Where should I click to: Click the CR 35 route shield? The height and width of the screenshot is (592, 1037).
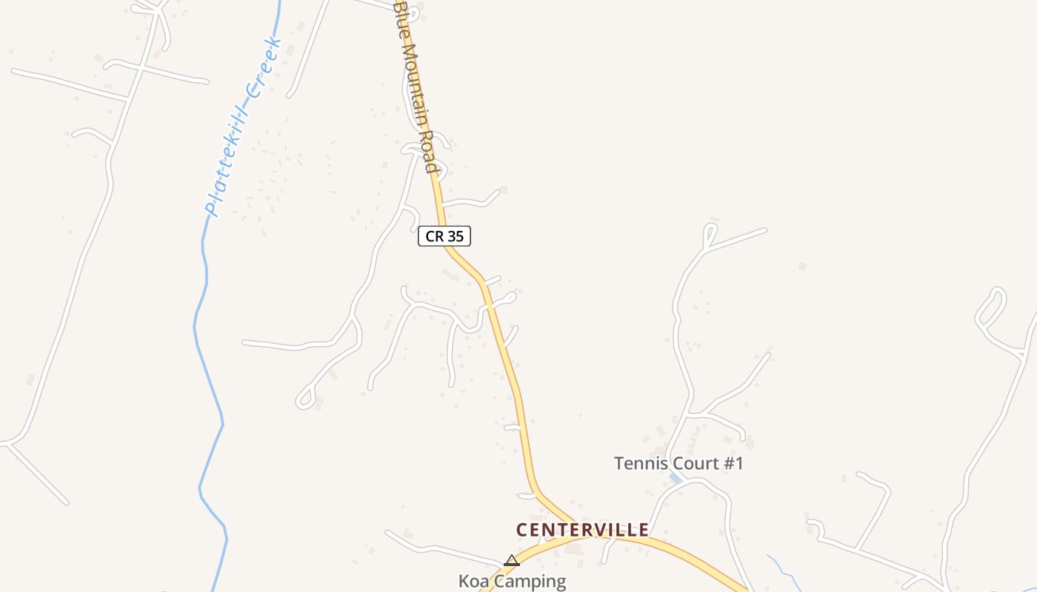(444, 236)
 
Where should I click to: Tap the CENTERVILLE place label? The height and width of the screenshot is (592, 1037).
(582, 530)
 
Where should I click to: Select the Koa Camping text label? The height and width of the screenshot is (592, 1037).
(512, 581)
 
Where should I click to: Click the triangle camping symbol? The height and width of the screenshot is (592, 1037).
(512, 561)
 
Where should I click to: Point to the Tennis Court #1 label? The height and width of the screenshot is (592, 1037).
(678, 464)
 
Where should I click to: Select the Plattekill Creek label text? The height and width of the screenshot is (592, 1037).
(243, 126)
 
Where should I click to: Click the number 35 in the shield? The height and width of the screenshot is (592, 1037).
(455, 236)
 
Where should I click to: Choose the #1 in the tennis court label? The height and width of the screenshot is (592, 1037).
(732, 464)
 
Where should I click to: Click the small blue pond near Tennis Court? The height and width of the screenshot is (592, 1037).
(675, 478)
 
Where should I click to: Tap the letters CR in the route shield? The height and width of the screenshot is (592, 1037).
(434, 236)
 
